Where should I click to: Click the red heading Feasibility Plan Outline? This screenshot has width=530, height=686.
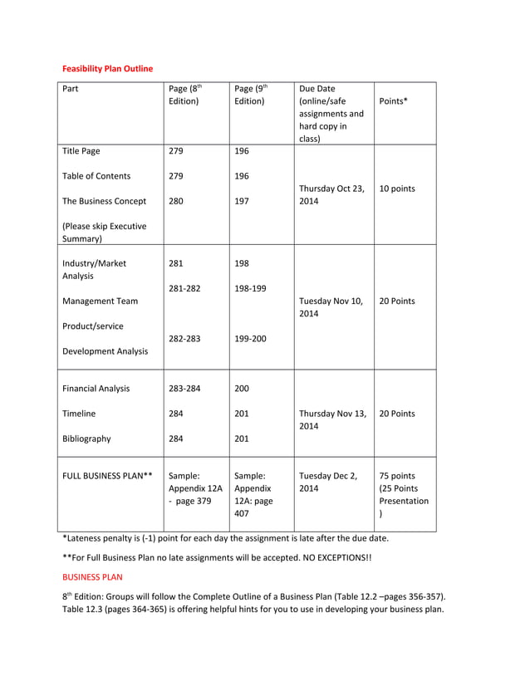(108, 68)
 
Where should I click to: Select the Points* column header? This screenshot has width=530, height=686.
(393, 100)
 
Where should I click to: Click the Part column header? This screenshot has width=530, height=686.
(71, 88)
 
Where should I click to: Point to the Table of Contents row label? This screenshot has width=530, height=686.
(96, 176)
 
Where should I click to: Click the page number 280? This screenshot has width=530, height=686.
(176, 201)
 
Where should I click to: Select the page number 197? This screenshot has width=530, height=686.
(242, 201)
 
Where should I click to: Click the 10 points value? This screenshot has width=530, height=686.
(397, 189)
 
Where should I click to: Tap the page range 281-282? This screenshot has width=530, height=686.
(184, 288)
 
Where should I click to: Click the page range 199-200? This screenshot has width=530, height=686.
(250, 339)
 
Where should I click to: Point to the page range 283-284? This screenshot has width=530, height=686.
(184, 388)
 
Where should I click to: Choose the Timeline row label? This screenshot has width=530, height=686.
(79, 414)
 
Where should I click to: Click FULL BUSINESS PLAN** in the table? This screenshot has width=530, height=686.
(107, 476)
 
